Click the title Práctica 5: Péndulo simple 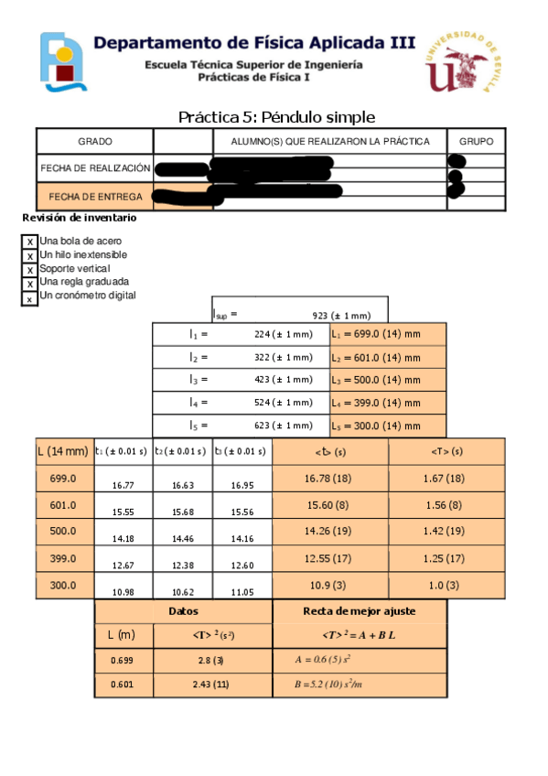point(276,117)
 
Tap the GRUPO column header point(475,142)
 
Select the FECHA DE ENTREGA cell point(95,197)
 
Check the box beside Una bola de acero point(29,242)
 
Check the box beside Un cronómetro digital point(29,298)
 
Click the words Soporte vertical point(74,269)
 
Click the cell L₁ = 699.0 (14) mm point(388,335)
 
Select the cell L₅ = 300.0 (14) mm point(388,426)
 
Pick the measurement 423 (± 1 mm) point(284,380)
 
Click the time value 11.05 point(242,592)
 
